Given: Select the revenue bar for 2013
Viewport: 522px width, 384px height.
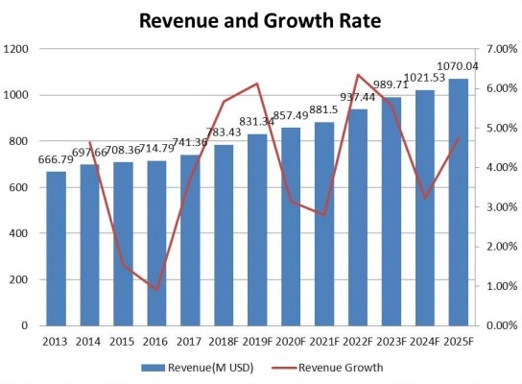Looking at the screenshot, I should click(57, 249).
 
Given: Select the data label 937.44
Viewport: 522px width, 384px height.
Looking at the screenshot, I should click(358, 97).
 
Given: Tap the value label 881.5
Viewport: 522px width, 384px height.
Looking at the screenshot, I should click(325, 111).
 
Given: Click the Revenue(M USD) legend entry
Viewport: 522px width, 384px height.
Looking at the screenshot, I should click(192, 366).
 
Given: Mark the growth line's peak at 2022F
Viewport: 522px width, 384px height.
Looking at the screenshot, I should click(358, 75).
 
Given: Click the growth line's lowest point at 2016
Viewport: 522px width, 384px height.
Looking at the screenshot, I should click(157, 289).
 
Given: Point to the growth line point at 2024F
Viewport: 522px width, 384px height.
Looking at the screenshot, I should click(425, 198).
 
